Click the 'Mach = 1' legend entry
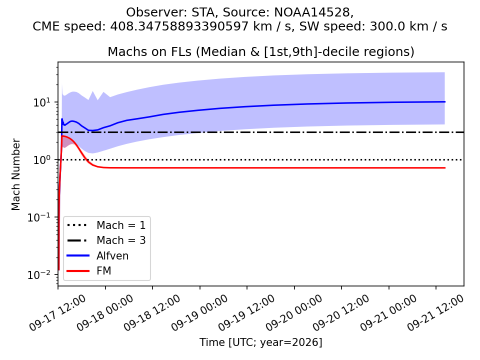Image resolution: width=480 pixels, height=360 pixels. [x=106, y=225]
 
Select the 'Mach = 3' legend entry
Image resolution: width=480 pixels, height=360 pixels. [x=106, y=240]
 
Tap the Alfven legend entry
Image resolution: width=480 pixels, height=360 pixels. [x=97, y=255]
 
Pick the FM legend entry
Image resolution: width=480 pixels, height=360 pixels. [x=89, y=270]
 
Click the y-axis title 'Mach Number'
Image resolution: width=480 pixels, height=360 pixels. [x=16, y=174]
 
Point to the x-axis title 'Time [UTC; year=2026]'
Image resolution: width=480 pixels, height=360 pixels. [x=261, y=342]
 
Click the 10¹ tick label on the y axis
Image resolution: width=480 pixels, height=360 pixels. [x=41, y=102]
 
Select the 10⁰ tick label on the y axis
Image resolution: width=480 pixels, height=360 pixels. [x=41, y=160]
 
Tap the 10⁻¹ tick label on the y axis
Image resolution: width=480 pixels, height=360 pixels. [x=39, y=217]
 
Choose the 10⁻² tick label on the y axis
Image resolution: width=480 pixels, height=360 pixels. [x=39, y=275]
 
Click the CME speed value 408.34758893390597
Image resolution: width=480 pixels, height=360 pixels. [x=179, y=26]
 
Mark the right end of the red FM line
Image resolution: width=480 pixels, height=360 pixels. [x=445, y=168]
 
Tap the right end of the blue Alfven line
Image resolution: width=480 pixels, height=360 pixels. [x=445, y=101]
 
